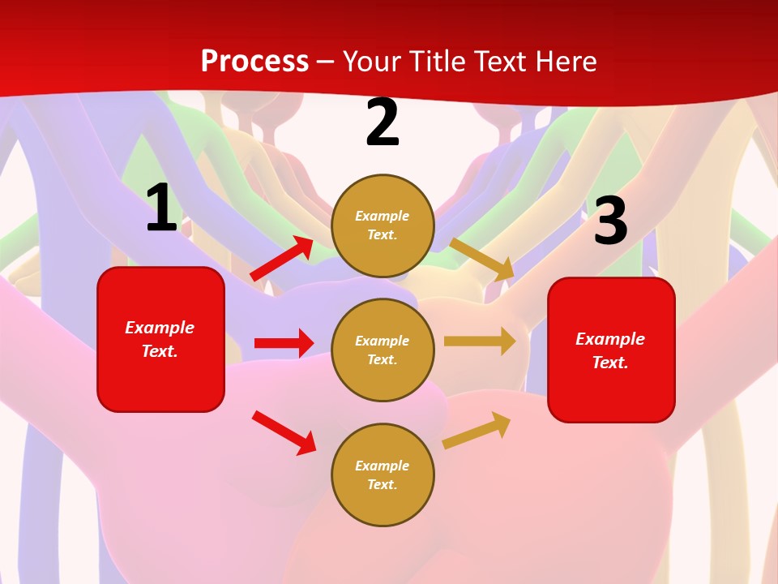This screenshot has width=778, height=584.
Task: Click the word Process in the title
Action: click(x=254, y=61)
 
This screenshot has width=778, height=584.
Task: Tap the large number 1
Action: click(x=161, y=208)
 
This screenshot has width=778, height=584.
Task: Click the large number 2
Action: click(x=383, y=122)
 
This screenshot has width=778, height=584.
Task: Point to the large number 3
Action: click(x=610, y=221)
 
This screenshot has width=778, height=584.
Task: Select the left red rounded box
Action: click(x=160, y=339)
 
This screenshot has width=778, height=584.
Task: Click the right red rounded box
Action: click(x=611, y=350)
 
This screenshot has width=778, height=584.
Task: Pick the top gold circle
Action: click(x=383, y=225)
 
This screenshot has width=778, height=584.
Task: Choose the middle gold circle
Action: click(x=383, y=350)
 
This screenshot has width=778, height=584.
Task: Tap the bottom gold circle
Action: click(x=383, y=474)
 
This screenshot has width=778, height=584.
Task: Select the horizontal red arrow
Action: click(x=284, y=343)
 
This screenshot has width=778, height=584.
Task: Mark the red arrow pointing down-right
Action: click(x=284, y=432)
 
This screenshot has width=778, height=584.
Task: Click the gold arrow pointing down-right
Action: click(x=481, y=259)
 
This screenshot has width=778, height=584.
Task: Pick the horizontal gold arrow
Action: click(x=480, y=341)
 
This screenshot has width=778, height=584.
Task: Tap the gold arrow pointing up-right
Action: click(x=477, y=431)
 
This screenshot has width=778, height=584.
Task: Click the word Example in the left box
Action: click(x=160, y=328)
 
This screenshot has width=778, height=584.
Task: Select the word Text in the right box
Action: click(x=609, y=363)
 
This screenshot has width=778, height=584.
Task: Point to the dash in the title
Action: click(x=326, y=62)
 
